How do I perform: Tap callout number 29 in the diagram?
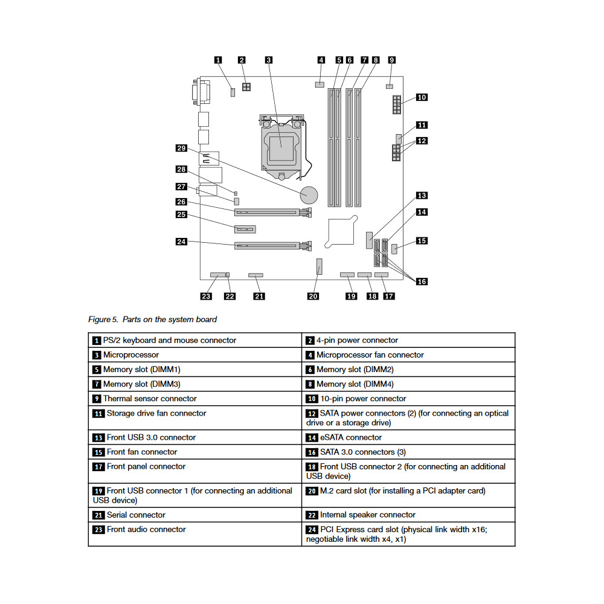point(181,148)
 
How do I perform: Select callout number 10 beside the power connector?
point(422,97)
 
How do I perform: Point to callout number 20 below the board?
point(313,296)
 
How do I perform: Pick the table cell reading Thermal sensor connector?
point(194,399)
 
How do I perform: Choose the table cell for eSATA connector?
point(408,437)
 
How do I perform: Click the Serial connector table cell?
point(194,515)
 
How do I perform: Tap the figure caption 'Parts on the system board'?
point(152,319)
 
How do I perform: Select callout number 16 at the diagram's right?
point(422,281)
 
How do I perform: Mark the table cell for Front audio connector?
point(194,529)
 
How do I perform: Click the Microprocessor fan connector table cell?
point(408,355)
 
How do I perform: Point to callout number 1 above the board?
point(218,60)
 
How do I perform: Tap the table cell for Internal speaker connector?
point(408,515)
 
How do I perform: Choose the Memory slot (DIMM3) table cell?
point(194,384)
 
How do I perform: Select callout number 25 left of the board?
point(181,214)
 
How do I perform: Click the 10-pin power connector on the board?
point(396,104)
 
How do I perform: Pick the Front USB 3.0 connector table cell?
point(194,437)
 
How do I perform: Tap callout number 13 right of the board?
point(422,196)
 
